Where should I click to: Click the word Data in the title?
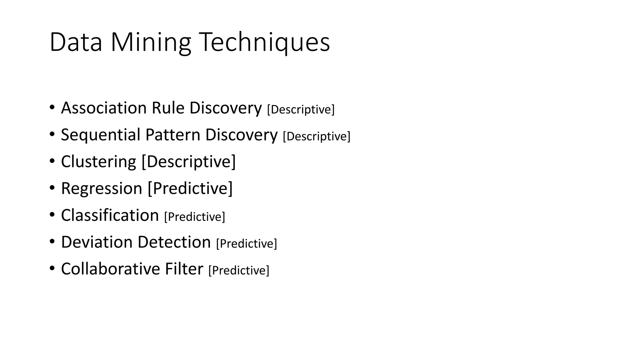point(76,42)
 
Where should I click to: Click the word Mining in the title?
point(151,42)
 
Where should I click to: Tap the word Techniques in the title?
point(264,42)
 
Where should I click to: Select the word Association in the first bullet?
point(104,108)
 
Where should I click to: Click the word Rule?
point(168,108)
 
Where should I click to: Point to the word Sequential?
point(101,135)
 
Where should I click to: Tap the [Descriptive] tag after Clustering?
point(189,162)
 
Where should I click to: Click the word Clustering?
point(98,162)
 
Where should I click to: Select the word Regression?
point(102,189)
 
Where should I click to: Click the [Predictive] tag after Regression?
point(190,189)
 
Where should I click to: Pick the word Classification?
point(110,216)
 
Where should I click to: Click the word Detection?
point(174,242)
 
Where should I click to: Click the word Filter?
point(184,269)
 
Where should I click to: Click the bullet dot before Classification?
point(52,215)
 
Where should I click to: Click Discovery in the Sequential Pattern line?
point(241,135)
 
